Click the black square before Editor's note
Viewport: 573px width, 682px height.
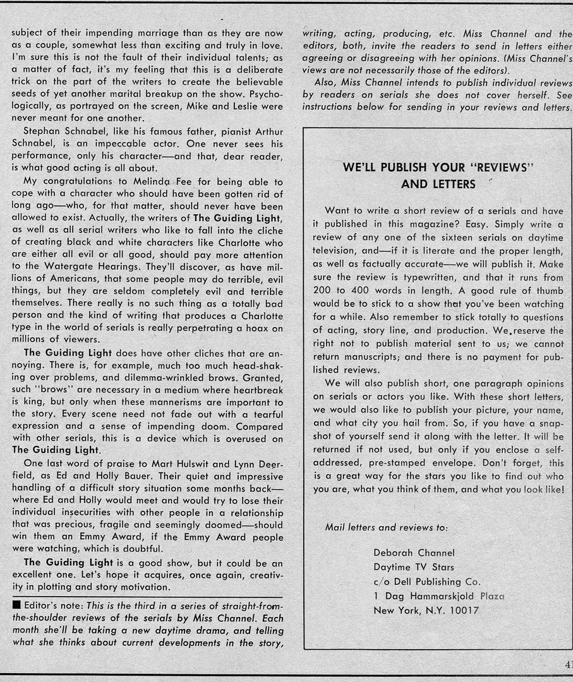[x=16, y=605]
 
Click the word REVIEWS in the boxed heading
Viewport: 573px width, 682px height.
[x=496, y=168]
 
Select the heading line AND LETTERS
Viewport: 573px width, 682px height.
[x=438, y=184]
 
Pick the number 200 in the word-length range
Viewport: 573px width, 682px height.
[x=323, y=290]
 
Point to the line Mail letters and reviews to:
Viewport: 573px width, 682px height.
[x=387, y=527]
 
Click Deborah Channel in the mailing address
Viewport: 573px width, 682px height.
[x=414, y=553]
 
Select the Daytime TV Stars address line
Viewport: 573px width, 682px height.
[x=413, y=567]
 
